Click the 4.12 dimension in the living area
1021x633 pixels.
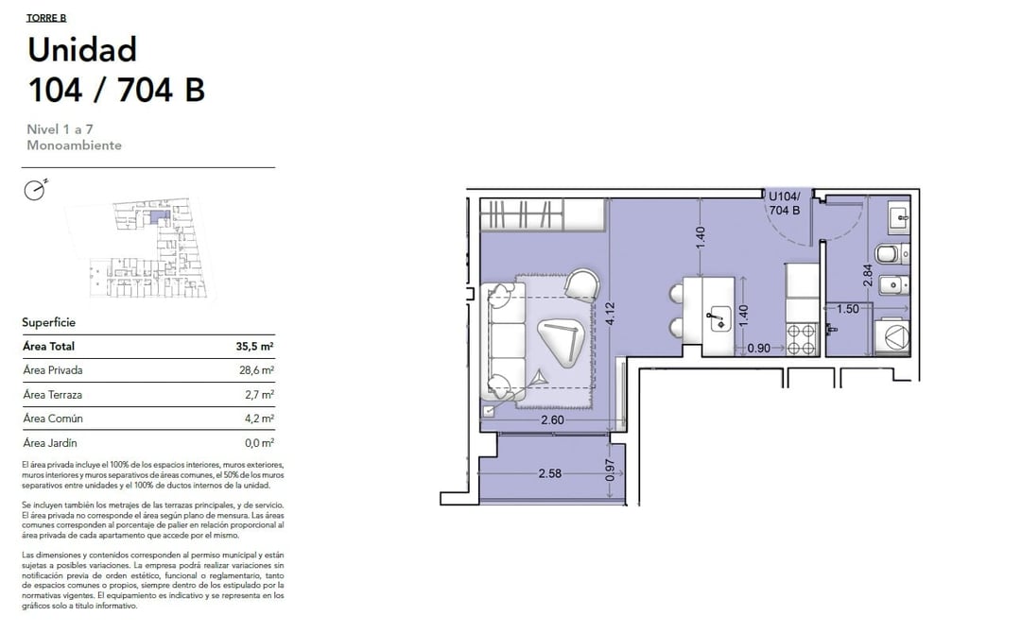point(610,315)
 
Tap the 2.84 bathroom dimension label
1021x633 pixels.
point(867,275)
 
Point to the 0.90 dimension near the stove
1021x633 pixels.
point(758,348)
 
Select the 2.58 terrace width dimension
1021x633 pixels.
point(549,473)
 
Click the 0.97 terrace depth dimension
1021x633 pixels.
point(610,470)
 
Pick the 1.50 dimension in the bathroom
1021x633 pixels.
point(848,309)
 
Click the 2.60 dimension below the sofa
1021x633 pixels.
point(552,420)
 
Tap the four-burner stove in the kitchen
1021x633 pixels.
point(802,339)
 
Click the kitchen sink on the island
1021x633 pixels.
point(719,318)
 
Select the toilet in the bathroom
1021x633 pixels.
point(891,254)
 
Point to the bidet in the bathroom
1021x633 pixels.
point(893,285)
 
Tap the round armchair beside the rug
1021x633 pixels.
point(581,285)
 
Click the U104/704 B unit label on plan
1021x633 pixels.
point(784,204)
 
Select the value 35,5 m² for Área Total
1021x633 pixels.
point(254,347)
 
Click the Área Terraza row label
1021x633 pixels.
point(53,395)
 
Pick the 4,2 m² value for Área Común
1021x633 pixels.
point(259,419)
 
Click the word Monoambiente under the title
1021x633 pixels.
point(75,145)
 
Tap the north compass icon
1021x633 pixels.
point(35,189)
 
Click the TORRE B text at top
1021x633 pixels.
point(46,18)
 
